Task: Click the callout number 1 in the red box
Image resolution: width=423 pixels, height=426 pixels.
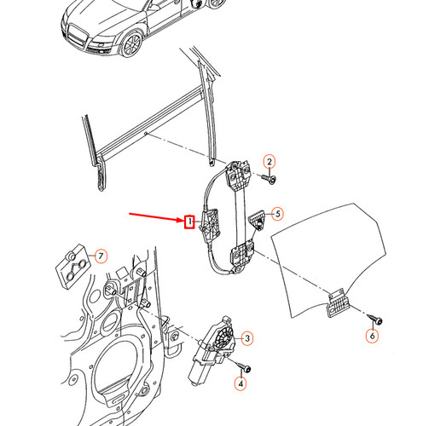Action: tap(190, 222)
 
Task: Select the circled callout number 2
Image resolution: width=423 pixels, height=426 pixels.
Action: tap(269, 162)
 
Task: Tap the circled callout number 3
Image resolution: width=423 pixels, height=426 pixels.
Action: tap(246, 340)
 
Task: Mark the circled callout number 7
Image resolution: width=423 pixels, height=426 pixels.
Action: tap(100, 255)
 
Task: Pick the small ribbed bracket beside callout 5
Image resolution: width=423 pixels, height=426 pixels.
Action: tap(255, 220)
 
